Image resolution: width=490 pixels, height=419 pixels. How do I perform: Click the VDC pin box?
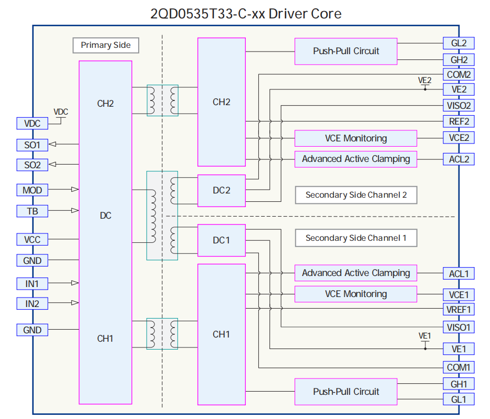point(32,124)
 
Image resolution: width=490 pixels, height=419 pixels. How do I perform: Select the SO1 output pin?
point(32,144)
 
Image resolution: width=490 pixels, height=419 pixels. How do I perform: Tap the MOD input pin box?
point(32,190)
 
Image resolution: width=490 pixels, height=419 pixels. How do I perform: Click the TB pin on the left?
point(32,211)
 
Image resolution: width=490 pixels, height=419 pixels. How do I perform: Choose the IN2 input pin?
point(32,303)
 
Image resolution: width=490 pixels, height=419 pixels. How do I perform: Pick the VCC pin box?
point(32,240)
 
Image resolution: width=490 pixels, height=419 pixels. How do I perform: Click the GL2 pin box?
point(458,43)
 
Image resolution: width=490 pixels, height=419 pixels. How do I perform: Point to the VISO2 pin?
point(458,105)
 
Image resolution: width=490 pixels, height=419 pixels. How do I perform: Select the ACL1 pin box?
point(458,273)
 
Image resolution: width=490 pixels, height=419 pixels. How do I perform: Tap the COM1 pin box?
point(458,367)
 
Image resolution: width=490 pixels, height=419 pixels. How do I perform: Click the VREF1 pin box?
point(458,310)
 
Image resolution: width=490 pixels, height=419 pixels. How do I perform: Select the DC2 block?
point(221,190)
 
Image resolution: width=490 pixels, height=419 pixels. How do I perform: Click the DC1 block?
point(221,240)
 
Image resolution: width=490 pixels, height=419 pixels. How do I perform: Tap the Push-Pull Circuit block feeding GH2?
point(346,51)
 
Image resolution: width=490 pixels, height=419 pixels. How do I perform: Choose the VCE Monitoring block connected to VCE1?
point(356,294)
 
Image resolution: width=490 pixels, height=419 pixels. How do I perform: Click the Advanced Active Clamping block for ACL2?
point(356,159)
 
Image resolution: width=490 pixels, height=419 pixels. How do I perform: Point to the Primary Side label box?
point(106,45)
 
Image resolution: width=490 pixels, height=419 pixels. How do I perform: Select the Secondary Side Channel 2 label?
point(356,195)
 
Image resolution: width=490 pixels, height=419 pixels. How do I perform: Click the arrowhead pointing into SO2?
point(53,165)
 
